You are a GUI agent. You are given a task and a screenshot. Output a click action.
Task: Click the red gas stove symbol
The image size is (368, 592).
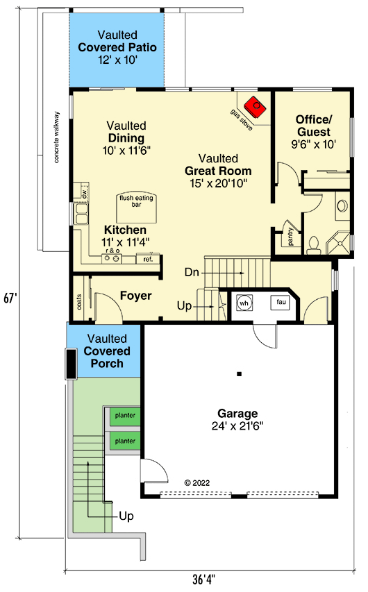258,106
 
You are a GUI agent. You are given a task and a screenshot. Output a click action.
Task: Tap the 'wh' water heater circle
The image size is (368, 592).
244,303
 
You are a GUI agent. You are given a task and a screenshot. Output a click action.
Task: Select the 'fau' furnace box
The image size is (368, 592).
281,302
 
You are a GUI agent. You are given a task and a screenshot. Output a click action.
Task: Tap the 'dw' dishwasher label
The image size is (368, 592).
83,192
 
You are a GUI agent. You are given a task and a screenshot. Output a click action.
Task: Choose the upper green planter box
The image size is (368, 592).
125,416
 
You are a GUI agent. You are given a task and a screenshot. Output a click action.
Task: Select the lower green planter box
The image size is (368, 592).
125,441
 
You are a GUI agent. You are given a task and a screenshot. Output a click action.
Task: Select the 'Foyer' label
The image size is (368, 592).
135,296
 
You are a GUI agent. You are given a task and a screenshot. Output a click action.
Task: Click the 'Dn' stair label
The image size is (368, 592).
193,273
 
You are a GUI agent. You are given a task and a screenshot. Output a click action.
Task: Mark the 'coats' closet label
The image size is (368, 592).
78,303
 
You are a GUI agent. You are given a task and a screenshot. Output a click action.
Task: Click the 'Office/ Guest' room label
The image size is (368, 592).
313,125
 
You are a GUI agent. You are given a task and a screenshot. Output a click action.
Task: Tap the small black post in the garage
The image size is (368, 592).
239,373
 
